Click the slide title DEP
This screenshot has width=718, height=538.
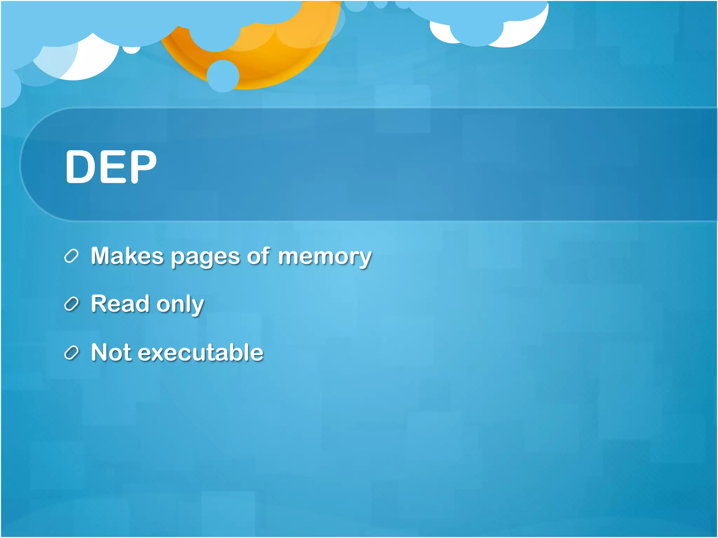111,166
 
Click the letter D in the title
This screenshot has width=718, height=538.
80,166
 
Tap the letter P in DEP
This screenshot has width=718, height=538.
142,166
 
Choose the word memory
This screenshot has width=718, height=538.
325,257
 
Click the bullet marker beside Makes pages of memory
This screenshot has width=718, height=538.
72,256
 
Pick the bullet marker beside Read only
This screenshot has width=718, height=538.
72,304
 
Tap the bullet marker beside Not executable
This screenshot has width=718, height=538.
72,352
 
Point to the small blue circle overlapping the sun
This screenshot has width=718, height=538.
223,76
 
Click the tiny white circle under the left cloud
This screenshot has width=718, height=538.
131,50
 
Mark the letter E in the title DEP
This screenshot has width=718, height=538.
111,166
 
